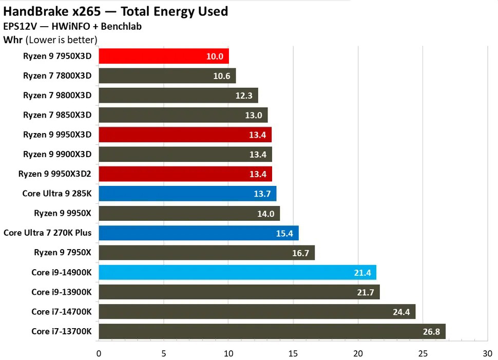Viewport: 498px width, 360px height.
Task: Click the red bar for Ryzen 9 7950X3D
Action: (163, 56)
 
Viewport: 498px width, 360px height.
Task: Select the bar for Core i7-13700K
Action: (272, 331)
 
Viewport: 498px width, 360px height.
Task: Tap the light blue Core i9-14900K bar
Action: (237, 272)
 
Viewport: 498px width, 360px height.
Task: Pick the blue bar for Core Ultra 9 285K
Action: (187, 194)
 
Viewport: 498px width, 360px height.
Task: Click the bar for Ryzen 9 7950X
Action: (206, 253)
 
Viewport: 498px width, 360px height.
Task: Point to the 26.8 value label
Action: (431, 332)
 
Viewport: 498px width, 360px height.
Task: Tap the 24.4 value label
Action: (401, 312)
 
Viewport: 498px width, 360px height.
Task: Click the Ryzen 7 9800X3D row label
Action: (57, 95)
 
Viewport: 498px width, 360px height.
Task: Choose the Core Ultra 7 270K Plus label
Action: (47, 233)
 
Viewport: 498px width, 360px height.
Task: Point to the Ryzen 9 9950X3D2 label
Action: (54, 174)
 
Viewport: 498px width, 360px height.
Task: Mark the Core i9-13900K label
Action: (61, 292)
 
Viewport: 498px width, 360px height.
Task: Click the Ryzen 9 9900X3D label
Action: (57, 154)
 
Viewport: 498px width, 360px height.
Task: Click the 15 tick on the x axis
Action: (293, 353)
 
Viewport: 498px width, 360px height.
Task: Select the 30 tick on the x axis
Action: (487, 353)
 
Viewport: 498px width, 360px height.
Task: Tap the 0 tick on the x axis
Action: (99, 353)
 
